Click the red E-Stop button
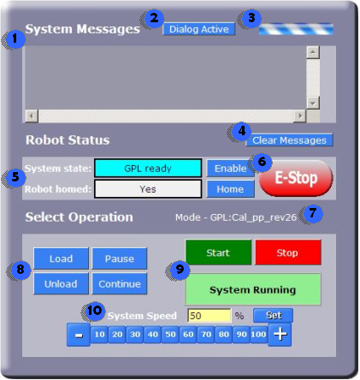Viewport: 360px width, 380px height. click(296, 178)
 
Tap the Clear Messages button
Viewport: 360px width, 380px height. click(289, 140)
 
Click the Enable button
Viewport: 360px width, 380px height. click(230, 169)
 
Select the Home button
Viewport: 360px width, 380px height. click(230, 189)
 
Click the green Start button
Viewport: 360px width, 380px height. click(218, 252)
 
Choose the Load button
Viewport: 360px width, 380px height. click(61, 258)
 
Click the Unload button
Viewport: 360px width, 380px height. click(61, 283)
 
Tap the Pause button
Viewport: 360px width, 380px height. click(120, 258)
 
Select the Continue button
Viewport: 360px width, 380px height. click(120, 283)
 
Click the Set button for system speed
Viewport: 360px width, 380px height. click(273, 315)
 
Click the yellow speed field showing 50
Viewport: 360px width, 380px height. click(210, 316)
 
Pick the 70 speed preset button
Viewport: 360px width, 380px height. click(206, 334)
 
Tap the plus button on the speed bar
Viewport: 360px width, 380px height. click(280, 335)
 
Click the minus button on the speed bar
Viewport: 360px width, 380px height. click(79, 335)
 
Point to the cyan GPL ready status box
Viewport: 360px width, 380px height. click(148, 169)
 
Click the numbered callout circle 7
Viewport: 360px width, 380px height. click(312, 214)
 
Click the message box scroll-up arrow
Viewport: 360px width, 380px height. click(313, 52)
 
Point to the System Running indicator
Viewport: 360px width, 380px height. click(253, 289)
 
